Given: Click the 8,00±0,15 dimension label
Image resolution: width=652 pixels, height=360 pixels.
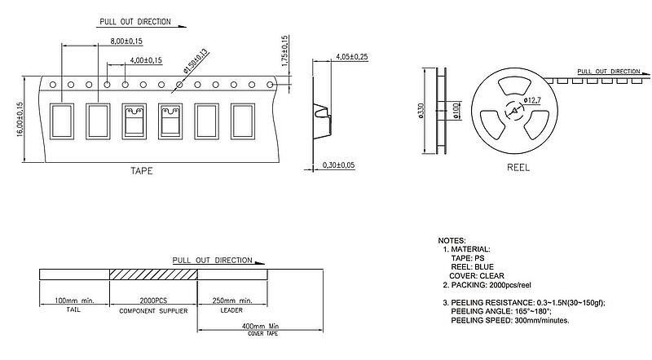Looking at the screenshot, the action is click(x=126, y=42).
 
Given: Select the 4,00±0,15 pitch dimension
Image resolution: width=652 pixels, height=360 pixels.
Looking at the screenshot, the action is click(x=146, y=60).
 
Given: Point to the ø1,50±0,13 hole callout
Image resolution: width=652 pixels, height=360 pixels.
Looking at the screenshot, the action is click(x=196, y=61).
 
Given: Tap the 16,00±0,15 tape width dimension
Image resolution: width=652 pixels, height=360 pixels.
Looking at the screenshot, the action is click(x=20, y=119).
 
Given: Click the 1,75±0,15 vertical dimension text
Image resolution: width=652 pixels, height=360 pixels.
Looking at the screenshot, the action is click(x=284, y=51).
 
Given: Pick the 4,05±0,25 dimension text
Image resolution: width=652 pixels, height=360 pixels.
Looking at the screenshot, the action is click(x=352, y=57).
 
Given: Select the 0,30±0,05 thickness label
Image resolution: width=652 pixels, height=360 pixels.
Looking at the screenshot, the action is click(x=339, y=165).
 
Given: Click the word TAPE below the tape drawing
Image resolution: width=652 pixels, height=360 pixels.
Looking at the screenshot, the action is click(x=141, y=171).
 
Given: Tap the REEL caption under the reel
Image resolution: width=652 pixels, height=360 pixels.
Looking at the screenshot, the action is click(x=518, y=168).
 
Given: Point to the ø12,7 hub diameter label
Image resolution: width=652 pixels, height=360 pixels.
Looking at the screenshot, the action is click(x=533, y=100).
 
